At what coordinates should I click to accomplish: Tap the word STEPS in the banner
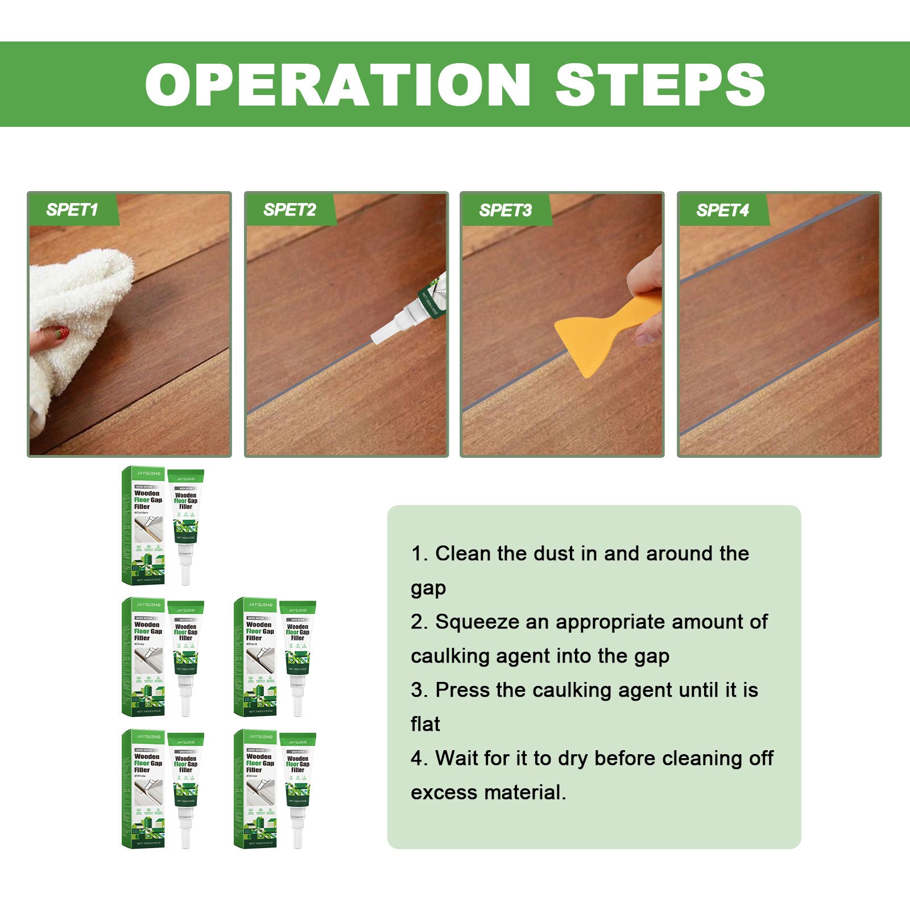pos(660,85)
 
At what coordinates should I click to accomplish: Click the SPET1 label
pos(72,210)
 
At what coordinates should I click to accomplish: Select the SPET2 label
pos(289,210)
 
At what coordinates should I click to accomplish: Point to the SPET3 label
pos(506,210)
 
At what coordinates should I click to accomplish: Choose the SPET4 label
pos(723,210)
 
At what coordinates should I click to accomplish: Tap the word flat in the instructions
pos(425,724)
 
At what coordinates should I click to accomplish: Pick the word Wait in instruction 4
pos(459,758)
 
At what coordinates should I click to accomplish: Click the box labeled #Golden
pos(144,526)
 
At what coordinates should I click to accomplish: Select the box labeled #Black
pos(255,657)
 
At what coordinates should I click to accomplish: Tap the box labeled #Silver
pos(255,789)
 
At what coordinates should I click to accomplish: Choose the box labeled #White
pos(144,789)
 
